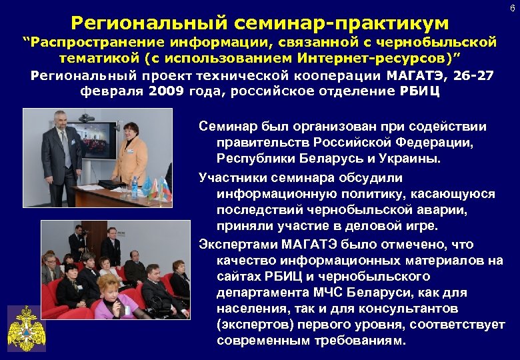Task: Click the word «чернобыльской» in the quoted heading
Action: click(449, 43)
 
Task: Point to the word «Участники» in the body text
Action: click(232, 178)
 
